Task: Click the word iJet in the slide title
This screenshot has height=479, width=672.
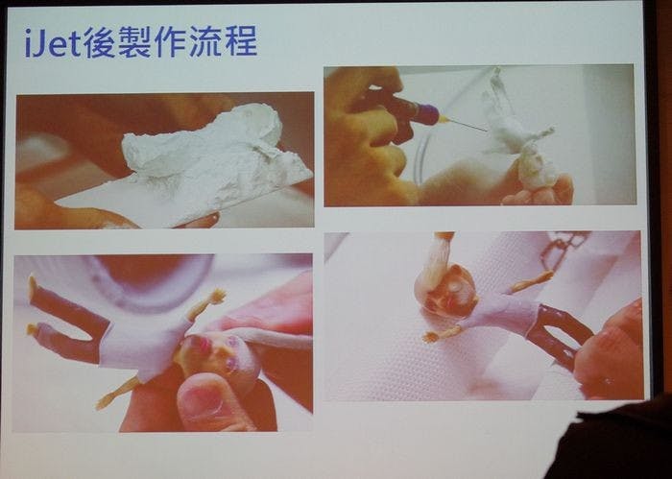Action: tap(53, 42)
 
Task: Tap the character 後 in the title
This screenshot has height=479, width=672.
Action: tap(99, 41)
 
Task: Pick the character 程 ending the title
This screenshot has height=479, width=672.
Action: tap(241, 41)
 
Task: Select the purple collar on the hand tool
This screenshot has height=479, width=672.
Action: tap(427, 113)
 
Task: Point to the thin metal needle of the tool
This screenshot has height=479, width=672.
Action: tap(468, 126)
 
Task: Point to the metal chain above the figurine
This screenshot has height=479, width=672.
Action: tap(564, 249)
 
